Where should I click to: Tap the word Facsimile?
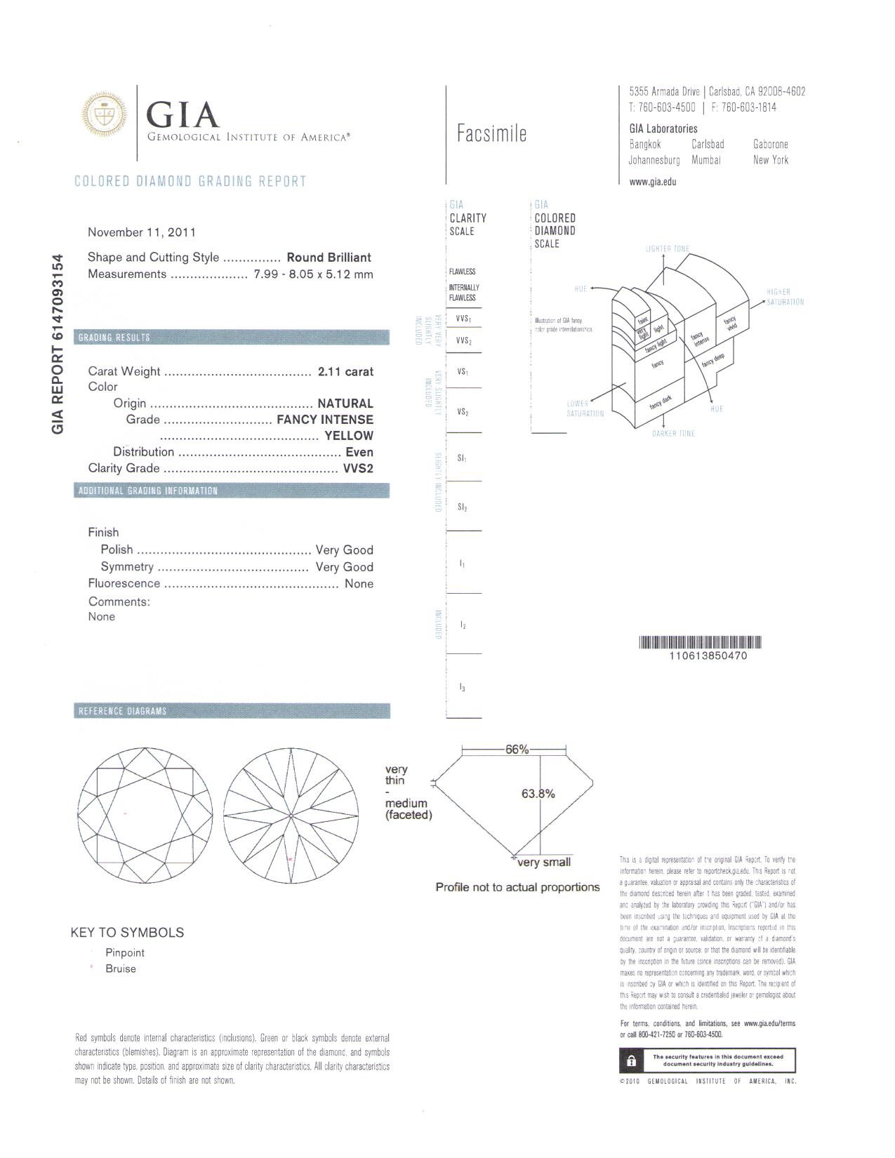pyautogui.click(x=491, y=133)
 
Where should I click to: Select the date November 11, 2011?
pyautogui.click(x=142, y=232)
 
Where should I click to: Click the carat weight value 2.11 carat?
pyautogui.click(x=345, y=371)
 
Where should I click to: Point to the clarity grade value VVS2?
pyautogui.click(x=358, y=468)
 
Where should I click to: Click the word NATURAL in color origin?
pyautogui.click(x=345, y=404)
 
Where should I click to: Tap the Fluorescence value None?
pyautogui.click(x=359, y=583)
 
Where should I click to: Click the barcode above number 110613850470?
pyautogui.click(x=700, y=642)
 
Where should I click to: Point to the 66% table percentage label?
pyautogui.click(x=517, y=750)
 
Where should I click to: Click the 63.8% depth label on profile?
pyautogui.click(x=538, y=794)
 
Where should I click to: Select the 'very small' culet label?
pyautogui.click(x=544, y=863)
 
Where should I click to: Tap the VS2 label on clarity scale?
pyautogui.click(x=463, y=413)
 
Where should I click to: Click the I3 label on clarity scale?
pyautogui.click(x=463, y=688)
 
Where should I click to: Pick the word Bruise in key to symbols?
pyautogui.click(x=121, y=969)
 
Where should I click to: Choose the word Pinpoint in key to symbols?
pyautogui.click(x=125, y=952)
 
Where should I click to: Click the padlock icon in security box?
pyautogui.click(x=631, y=1060)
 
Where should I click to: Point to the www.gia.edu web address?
pyautogui.click(x=653, y=182)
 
